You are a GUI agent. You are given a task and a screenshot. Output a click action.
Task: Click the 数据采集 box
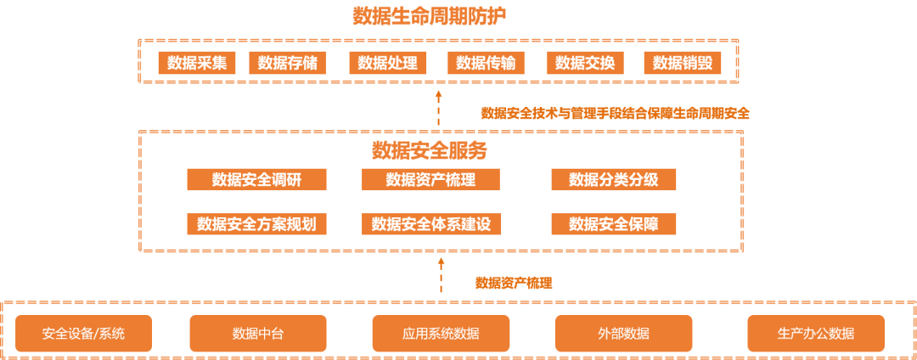[x=197, y=63]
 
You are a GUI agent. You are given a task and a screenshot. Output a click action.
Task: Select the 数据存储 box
[x=287, y=63]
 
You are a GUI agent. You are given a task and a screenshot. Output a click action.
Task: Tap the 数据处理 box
[x=387, y=63]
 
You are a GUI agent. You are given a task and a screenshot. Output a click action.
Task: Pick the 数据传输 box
[x=486, y=63]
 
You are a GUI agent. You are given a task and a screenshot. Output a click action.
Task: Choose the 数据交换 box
[x=585, y=63]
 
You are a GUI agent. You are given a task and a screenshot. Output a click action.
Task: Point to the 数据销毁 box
[x=683, y=63]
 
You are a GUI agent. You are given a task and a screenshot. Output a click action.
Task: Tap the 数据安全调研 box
[x=256, y=179]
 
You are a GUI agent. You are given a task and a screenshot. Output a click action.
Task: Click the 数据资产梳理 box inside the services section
[x=430, y=179]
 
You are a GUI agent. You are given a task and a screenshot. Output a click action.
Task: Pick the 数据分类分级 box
[x=613, y=179]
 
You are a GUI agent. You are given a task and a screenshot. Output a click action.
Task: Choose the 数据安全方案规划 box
[x=256, y=224]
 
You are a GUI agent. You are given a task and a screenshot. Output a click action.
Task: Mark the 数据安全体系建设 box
[x=430, y=224]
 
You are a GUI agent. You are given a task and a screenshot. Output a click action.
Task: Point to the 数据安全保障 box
[x=613, y=224]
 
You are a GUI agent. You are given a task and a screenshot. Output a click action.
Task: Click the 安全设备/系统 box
[x=83, y=334]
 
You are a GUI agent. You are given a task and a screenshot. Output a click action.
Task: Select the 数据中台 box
[x=258, y=334]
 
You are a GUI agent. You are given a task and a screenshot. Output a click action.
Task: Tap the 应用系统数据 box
[x=441, y=334]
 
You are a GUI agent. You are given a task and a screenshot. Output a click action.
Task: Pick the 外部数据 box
[x=623, y=334]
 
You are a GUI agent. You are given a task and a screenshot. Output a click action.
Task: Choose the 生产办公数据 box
[x=816, y=334]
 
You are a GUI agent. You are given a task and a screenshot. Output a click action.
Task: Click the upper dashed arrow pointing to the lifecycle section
[x=439, y=107]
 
